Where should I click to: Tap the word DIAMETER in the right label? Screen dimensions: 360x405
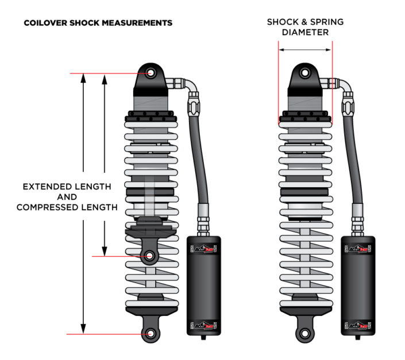[304, 33]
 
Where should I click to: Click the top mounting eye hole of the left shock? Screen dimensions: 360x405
[151, 73]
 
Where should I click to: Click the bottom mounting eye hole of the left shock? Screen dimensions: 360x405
[151, 334]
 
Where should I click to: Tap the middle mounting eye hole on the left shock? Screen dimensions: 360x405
[151, 256]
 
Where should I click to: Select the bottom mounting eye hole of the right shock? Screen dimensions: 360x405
[304, 333]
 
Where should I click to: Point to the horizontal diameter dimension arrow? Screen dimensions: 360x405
[304, 50]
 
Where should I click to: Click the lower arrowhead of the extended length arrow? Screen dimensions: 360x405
[83, 329]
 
